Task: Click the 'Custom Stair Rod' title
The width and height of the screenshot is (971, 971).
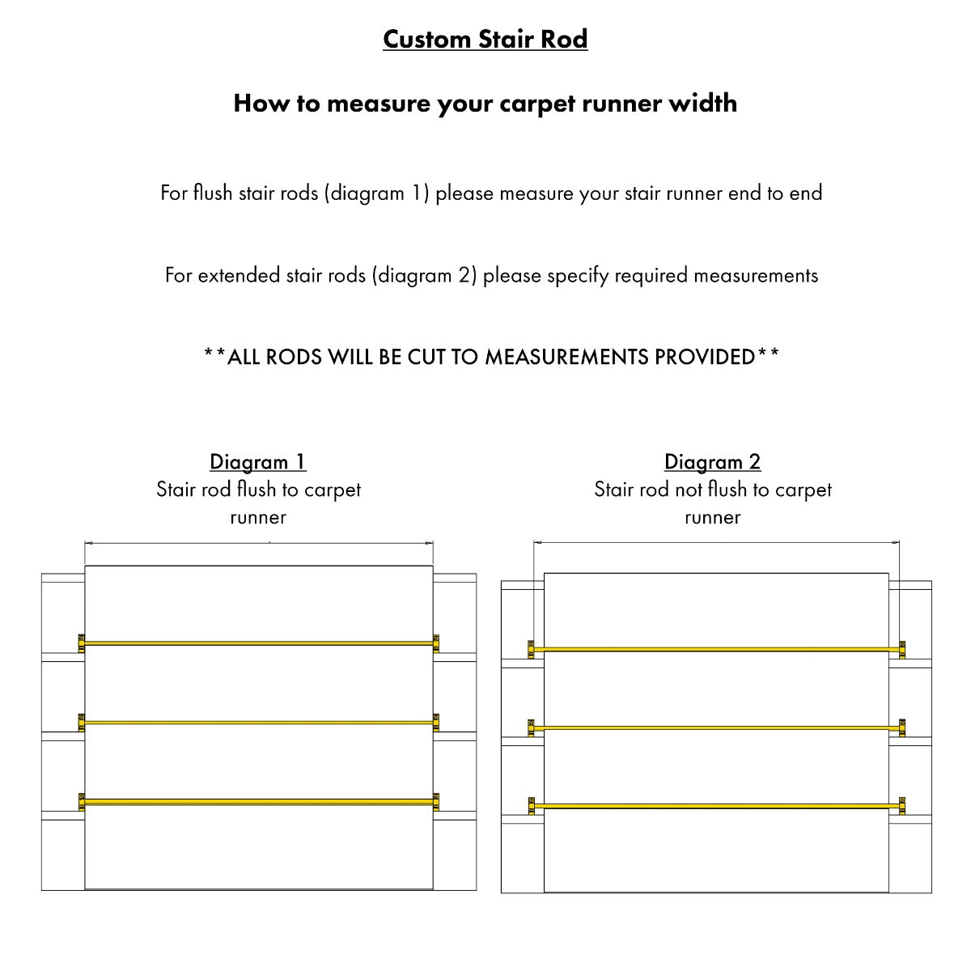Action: pos(485,39)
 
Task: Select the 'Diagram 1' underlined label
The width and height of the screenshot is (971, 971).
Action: pos(257,462)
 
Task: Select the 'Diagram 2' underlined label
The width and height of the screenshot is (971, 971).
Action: pos(712,462)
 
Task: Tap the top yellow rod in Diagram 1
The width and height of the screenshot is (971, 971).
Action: pos(259,643)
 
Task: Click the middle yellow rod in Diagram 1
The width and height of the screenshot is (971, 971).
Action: pos(259,722)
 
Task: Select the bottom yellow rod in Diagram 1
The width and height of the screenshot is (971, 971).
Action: pos(259,802)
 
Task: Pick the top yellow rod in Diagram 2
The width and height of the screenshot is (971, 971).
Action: pos(716,649)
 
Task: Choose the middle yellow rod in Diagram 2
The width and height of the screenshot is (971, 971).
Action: pos(716,728)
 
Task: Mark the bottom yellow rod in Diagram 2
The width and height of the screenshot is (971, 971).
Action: pos(716,806)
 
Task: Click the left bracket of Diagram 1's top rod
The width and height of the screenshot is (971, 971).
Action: pos(82,643)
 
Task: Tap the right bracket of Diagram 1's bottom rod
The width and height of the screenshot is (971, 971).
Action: pos(436,801)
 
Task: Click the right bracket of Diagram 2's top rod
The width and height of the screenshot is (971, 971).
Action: pos(901,649)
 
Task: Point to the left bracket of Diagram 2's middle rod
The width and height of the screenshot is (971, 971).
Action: pos(532,728)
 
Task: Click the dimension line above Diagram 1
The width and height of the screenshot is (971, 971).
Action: pos(259,543)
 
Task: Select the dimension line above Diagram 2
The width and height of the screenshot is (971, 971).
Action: pos(716,542)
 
